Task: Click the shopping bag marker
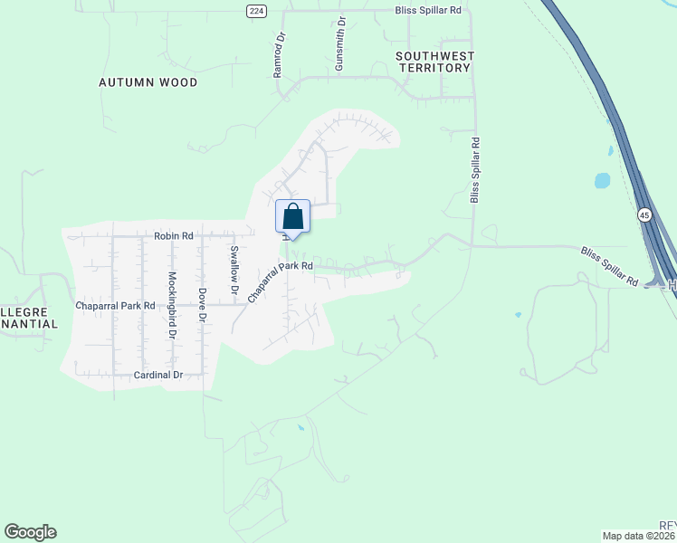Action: pos(292,217)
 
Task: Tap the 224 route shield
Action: pos(258,10)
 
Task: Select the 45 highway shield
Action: pos(644,214)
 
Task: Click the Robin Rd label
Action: pos(174,235)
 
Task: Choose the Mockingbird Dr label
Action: pos(172,305)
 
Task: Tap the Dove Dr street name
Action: pos(202,309)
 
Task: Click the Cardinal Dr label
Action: pos(158,375)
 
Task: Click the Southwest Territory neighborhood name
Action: pos(434,62)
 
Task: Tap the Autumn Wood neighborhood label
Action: pos(148,82)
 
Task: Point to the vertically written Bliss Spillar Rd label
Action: pos(474,169)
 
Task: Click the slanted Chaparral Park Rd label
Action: pos(281,281)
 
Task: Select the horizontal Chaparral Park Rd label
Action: pos(116,306)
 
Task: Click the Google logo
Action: pos(30,532)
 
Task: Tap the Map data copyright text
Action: pos(639,536)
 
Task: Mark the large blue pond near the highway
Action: pos(602,180)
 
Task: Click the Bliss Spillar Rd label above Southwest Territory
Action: pos(428,10)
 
